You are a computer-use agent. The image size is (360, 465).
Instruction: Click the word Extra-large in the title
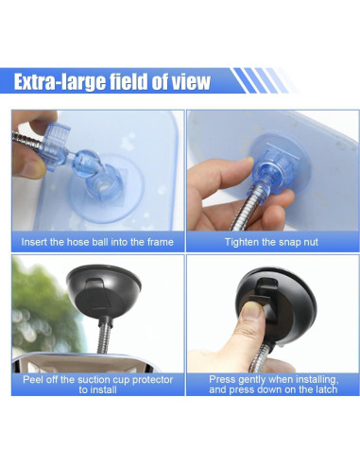point(60,82)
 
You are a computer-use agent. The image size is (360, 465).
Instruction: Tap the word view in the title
point(189,82)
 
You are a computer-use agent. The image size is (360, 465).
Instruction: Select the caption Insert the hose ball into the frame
point(97,242)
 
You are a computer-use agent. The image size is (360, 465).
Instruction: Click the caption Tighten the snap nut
point(270,242)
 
